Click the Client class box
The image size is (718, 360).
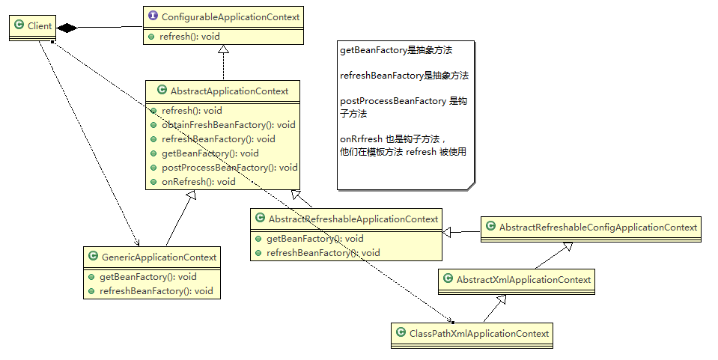[x=34, y=26]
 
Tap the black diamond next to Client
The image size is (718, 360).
[x=68, y=28]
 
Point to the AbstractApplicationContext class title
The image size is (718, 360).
[x=229, y=91]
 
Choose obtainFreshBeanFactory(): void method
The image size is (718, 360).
[x=228, y=125]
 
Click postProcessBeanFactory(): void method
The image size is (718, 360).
[x=229, y=168]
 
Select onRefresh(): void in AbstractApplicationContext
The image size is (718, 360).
[x=198, y=182]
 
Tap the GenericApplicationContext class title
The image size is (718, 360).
[x=158, y=257]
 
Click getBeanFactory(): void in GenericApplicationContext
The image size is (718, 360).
[x=147, y=277]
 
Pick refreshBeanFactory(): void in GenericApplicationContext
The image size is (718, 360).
[x=156, y=291]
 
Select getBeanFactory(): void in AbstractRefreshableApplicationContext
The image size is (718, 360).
[x=314, y=239]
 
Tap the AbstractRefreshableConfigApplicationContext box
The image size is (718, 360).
[x=591, y=228]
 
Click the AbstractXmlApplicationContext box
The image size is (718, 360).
[x=517, y=280]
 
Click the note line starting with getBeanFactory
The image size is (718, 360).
[x=396, y=51]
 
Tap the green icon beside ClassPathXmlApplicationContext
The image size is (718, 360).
[x=401, y=334]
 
